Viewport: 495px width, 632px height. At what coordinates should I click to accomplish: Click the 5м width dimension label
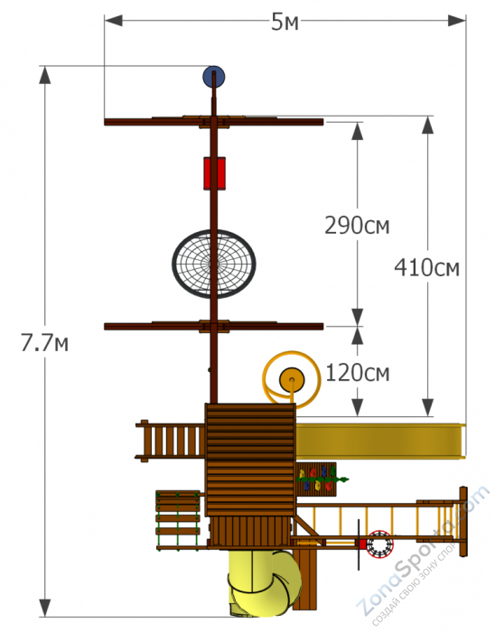tap(285, 23)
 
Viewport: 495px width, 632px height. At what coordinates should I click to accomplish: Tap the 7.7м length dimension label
tap(45, 344)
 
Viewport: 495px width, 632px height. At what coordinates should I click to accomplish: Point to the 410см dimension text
tap(427, 267)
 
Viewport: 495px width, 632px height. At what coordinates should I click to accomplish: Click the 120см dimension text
tap(358, 371)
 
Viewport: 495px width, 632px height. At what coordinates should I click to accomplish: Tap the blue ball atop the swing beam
tap(214, 76)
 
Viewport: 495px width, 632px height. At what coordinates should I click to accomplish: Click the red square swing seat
tap(214, 172)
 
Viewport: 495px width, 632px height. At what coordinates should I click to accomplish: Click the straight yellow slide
tap(379, 441)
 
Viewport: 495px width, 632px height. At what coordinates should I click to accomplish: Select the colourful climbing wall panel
tap(318, 479)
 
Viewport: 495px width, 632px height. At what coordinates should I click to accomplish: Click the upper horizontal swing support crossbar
tap(214, 122)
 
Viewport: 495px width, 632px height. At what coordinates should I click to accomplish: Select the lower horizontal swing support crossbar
tap(214, 326)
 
